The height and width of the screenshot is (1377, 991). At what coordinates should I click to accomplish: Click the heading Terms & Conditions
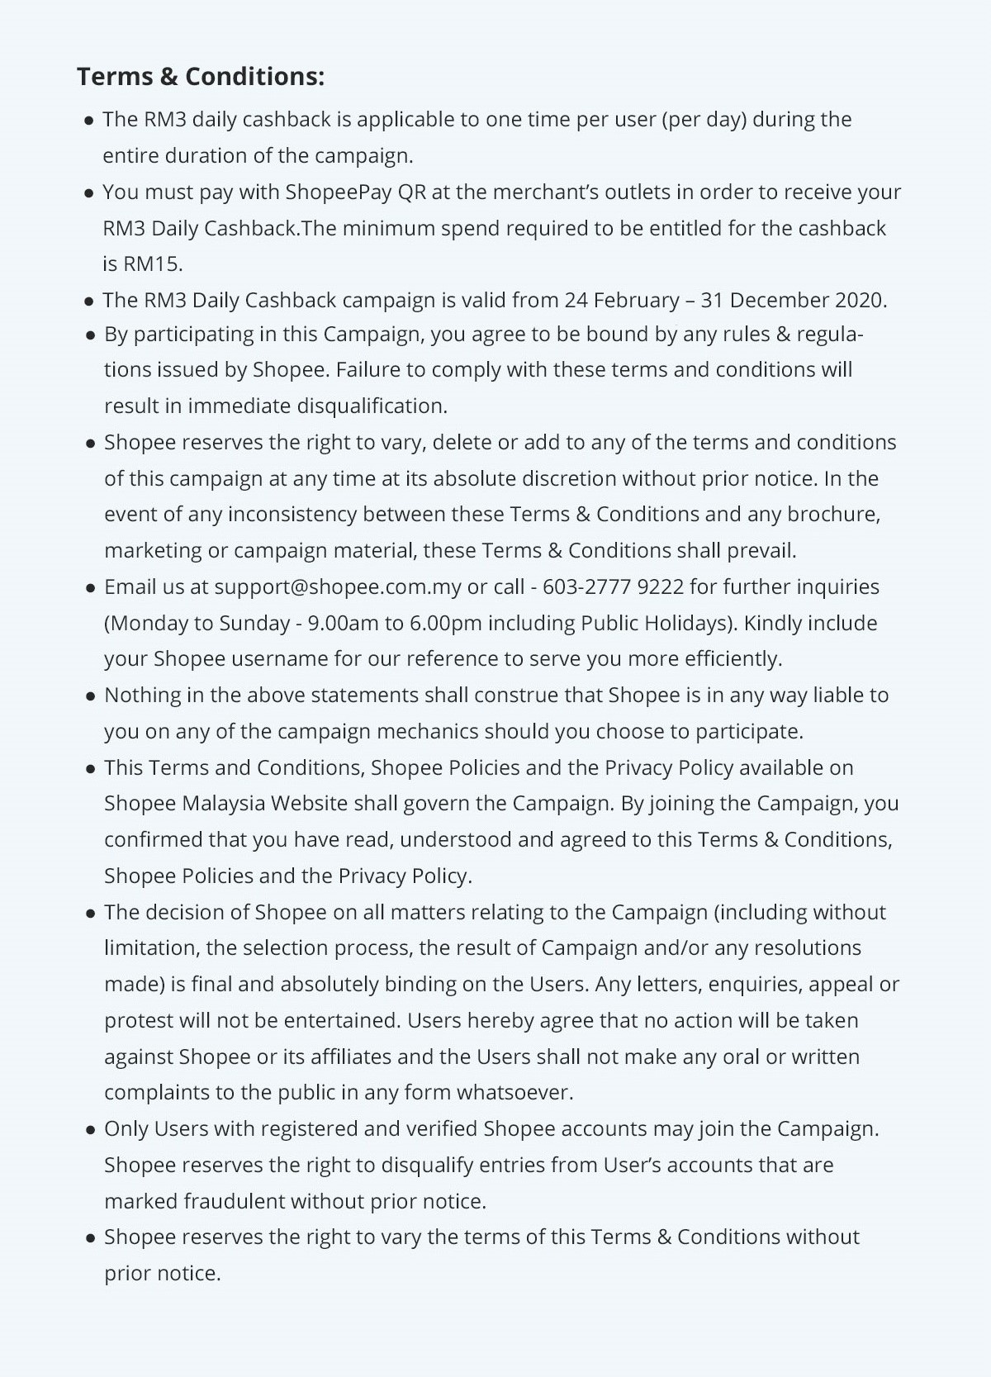[201, 76]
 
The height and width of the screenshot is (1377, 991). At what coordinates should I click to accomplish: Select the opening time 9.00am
[343, 623]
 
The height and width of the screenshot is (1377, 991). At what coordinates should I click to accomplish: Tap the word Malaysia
[223, 803]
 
